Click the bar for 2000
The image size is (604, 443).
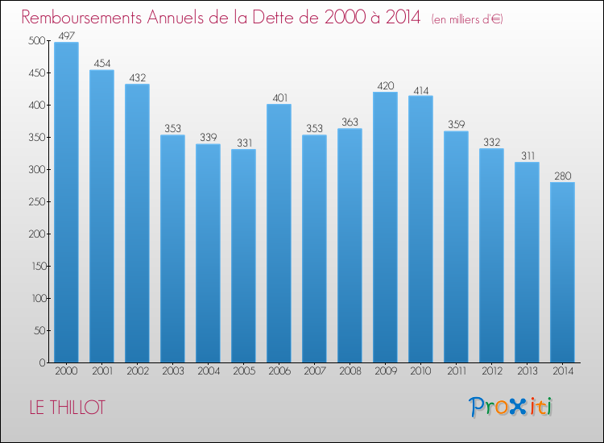[x=66, y=202]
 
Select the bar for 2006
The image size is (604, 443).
[x=279, y=233]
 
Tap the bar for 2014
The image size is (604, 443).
[x=562, y=272]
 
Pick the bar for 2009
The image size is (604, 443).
[x=385, y=227]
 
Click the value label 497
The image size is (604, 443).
[x=66, y=35]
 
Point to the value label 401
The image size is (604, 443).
[x=280, y=97]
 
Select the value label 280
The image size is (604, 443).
[x=563, y=176]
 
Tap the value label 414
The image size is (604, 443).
[x=421, y=90]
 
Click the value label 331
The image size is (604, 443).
[x=244, y=143]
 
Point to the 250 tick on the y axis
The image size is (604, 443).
[x=37, y=201]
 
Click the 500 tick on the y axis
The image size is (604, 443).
[x=37, y=40]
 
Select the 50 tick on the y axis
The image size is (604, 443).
[x=40, y=330]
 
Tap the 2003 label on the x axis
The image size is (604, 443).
[x=173, y=371]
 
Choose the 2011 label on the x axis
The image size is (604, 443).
[x=457, y=371]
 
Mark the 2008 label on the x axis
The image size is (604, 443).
[x=350, y=371]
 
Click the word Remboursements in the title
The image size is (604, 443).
[x=81, y=17]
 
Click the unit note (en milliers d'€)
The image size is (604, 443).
[x=467, y=19]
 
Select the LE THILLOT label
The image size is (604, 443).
[x=67, y=408]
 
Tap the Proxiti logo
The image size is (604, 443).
[x=511, y=407]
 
